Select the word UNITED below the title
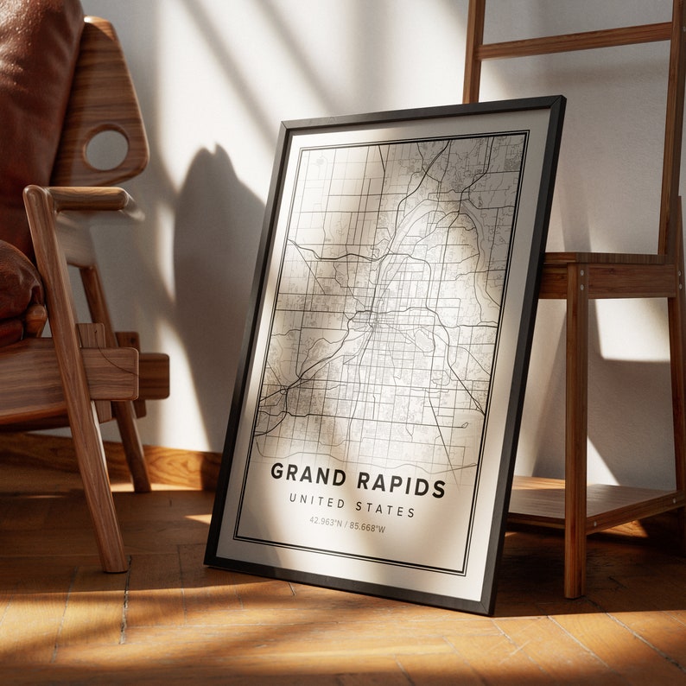[x=318, y=500]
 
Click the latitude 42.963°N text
[x=327, y=520]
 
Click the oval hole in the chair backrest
[x=107, y=149]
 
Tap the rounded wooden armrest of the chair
[x=82, y=200]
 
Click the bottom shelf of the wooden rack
[x=588, y=501]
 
